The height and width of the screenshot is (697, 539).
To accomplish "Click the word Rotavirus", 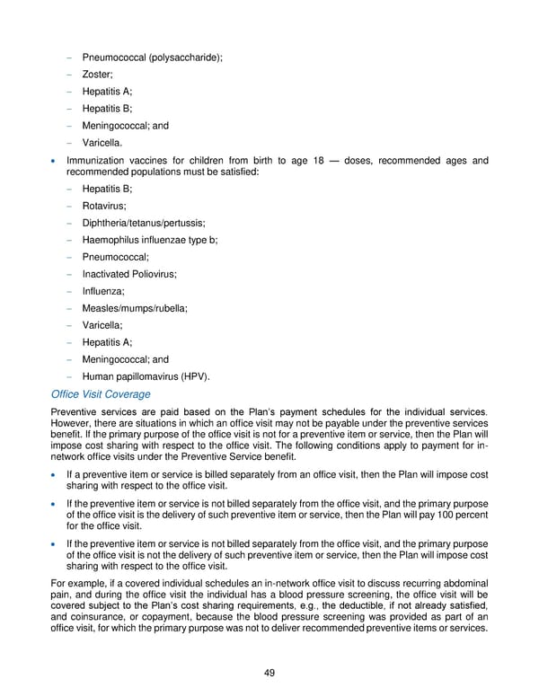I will pyautogui.click(x=103, y=206).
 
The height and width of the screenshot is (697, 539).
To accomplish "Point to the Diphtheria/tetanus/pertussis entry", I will pyautogui.click(x=143, y=223).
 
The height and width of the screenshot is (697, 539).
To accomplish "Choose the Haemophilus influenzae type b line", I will pyautogui.click(x=149, y=240).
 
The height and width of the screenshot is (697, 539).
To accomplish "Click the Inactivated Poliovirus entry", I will pyautogui.click(x=128, y=274).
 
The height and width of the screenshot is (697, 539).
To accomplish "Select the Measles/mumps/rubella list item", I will pyautogui.click(x=135, y=308).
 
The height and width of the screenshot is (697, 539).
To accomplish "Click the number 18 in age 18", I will pyautogui.click(x=321, y=162).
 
